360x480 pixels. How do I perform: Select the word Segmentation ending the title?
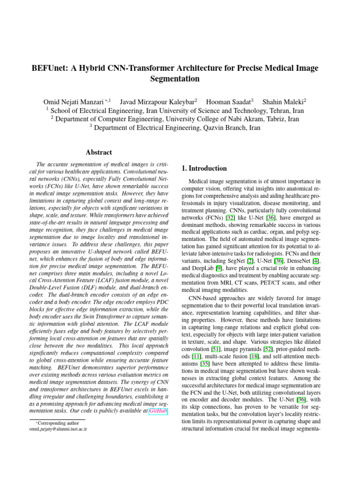pos(175,79)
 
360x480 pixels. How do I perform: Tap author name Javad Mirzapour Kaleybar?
pos(157,102)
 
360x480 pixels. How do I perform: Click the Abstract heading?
pos(98,152)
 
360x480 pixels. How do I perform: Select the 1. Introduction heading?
pos(204,168)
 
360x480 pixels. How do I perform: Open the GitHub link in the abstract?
pos(157,411)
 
